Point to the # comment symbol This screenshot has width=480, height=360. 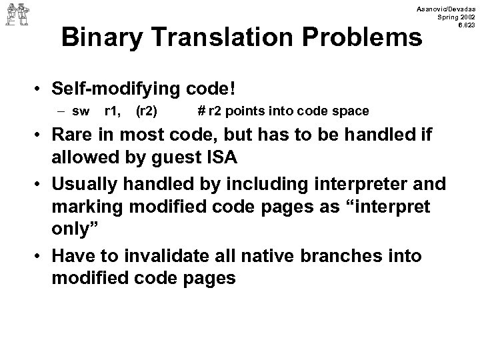(201, 110)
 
